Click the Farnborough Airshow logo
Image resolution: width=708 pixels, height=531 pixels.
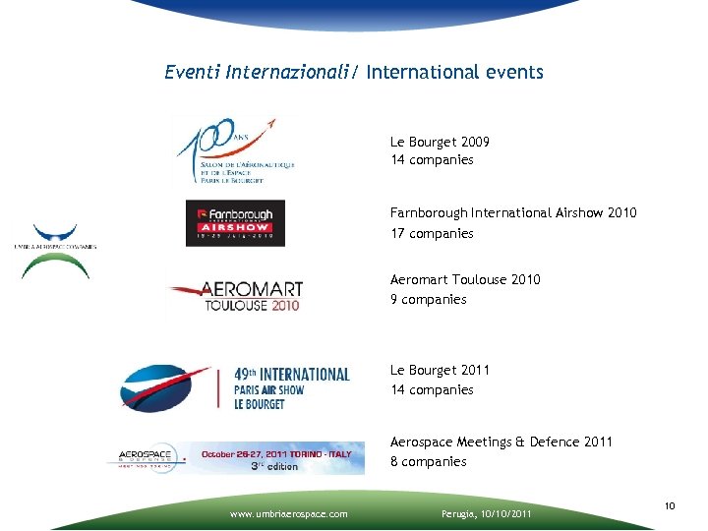[x=235, y=223]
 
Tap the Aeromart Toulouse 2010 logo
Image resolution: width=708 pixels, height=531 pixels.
[x=236, y=294]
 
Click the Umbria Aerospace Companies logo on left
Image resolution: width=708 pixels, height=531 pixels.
[x=55, y=250]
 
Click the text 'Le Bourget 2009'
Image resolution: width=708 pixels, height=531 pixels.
[x=440, y=142]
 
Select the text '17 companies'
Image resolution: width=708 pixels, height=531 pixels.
[x=431, y=233]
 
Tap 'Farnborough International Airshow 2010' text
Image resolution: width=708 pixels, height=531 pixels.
[x=512, y=212]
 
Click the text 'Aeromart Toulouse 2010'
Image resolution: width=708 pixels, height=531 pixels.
[x=465, y=279]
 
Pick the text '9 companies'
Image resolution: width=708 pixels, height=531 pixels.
[x=428, y=299]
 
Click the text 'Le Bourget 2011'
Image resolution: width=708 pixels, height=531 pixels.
[x=440, y=370]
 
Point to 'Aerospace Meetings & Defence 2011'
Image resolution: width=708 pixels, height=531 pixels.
[x=501, y=442]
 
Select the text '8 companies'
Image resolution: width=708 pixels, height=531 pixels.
[x=428, y=461]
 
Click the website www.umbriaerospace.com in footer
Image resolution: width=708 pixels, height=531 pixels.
[x=288, y=513]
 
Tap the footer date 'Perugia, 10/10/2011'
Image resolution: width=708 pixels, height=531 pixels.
[x=485, y=513]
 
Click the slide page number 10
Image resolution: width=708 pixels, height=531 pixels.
[x=669, y=505]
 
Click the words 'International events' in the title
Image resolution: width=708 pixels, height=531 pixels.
[x=454, y=72]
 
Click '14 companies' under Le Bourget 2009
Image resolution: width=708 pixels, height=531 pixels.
[x=431, y=159]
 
